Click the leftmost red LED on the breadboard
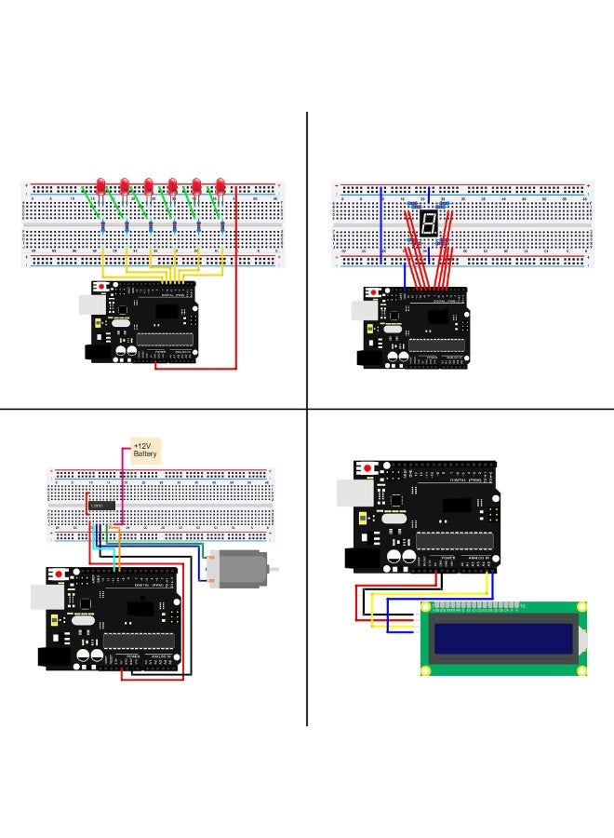100,184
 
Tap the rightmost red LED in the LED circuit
220,184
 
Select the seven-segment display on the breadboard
428,223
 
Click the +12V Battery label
145,451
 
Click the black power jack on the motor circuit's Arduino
53,657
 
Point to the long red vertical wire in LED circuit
236,279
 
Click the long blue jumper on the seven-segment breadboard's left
381,223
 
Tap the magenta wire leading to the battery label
124,484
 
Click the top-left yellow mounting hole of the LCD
426,607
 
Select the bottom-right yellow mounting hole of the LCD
583,670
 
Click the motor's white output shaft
274,568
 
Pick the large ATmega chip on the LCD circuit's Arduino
451,541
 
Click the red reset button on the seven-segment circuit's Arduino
374,293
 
